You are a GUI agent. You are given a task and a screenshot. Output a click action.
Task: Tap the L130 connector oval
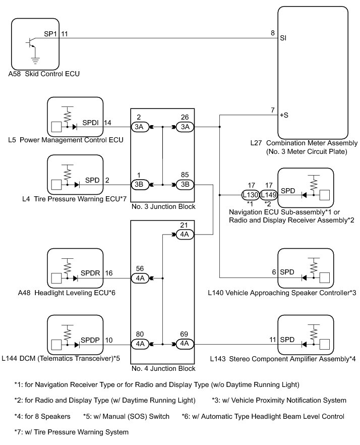(x=250, y=195)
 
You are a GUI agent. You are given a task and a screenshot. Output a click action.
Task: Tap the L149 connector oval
(x=268, y=195)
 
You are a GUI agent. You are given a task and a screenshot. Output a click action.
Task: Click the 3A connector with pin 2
(x=139, y=127)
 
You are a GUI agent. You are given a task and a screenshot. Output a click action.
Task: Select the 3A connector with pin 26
(x=184, y=127)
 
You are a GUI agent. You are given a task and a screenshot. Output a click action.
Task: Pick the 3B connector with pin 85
(x=184, y=184)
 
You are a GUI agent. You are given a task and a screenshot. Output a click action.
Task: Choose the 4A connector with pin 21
(x=184, y=235)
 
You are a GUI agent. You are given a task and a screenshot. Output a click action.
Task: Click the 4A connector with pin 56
(x=139, y=278)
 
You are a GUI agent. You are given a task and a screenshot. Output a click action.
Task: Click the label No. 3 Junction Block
(x=163, y=207)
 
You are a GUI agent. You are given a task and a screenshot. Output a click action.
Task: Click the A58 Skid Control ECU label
(x=44, y=74)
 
